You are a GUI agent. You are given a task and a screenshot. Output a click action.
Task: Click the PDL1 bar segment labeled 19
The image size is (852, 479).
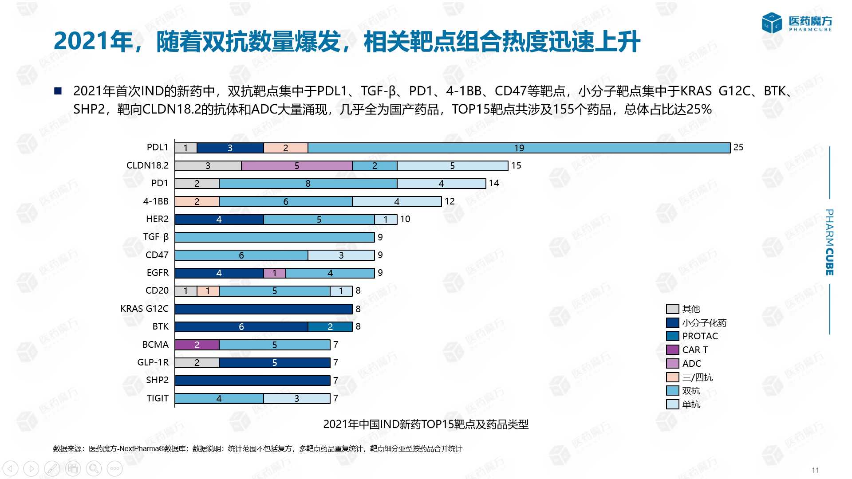(519, 148)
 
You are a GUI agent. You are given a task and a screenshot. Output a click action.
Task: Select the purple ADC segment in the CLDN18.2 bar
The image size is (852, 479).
(296, 166)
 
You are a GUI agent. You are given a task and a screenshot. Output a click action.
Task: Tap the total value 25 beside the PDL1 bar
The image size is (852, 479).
(738, 147)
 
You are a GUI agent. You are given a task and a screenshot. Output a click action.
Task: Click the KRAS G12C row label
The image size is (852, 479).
(144, 309)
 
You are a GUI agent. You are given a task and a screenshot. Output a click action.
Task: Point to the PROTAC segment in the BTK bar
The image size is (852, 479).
(330, 327)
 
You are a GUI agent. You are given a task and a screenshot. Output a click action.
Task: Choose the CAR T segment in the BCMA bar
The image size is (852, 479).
(197, 345)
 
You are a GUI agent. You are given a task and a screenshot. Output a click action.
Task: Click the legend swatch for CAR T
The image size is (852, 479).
(672, 350)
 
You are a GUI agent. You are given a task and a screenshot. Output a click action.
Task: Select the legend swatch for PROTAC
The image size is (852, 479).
(672, 336)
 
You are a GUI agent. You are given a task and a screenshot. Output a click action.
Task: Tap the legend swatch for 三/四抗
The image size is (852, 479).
(672, 377)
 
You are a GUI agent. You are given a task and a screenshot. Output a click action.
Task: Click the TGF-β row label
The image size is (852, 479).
(156, 237)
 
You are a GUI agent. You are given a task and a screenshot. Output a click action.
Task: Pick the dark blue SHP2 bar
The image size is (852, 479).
(252, 381)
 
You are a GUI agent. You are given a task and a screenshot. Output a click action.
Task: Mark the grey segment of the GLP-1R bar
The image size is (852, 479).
(197, 363)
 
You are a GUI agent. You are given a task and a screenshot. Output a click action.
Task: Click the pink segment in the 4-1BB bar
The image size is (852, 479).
(197, 202)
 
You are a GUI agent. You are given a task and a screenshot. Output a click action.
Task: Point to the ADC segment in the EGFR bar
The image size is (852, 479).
(275, 273)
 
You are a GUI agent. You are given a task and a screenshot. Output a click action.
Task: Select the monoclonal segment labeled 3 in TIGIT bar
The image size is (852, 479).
(296, 399)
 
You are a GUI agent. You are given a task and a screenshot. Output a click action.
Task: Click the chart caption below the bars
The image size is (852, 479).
(426, 424)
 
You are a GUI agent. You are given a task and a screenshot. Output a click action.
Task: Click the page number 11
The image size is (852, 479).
(815, 470)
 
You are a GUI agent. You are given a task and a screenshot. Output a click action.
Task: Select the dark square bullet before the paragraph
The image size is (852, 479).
(58, 91)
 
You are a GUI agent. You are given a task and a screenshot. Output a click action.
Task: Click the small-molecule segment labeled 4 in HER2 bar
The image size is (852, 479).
(219, 220)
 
